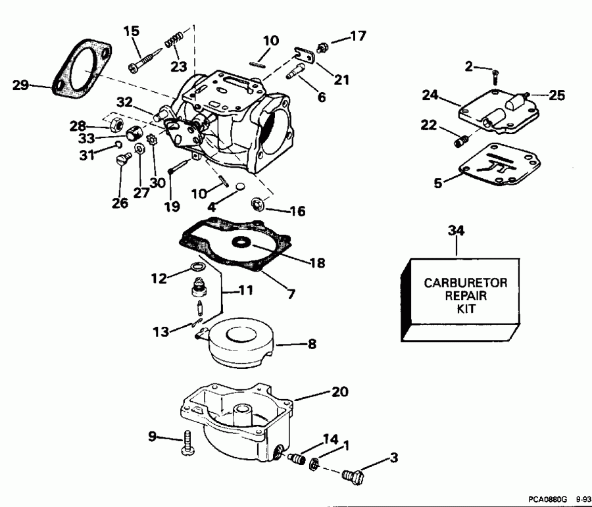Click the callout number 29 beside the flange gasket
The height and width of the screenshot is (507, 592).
point(20,84)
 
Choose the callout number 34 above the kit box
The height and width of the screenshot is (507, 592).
point(456,230)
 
